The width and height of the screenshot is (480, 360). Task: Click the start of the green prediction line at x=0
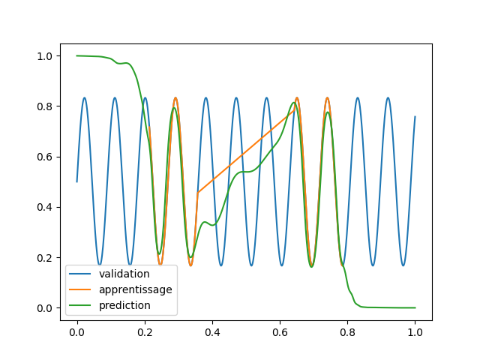pyautogui.click(x=77, y=55)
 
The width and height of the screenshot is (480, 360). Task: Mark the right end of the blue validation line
pyautogui.click(x=415, y=117)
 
